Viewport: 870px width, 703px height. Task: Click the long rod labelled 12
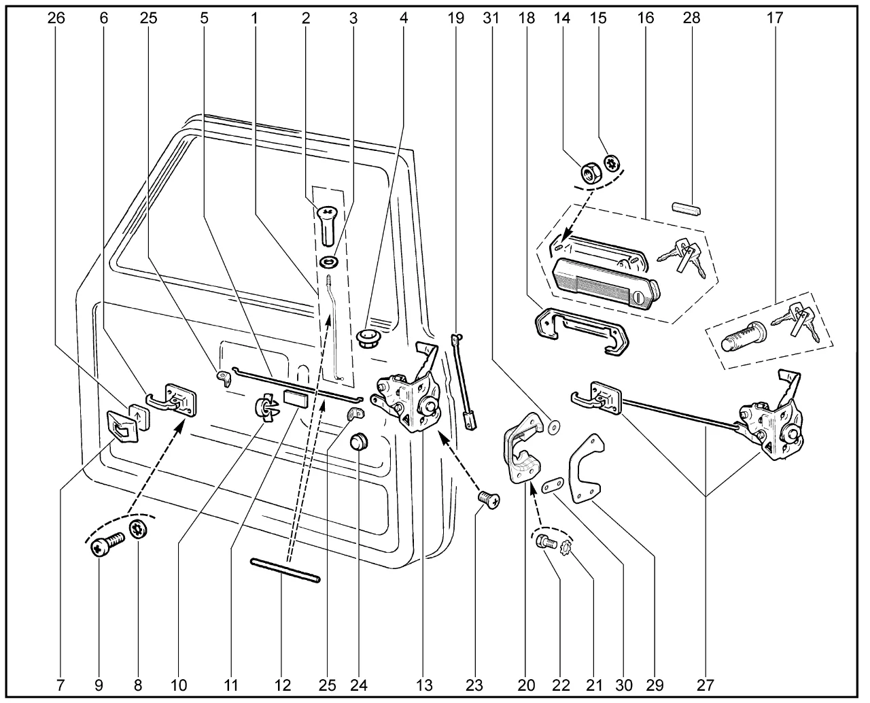point(285,570)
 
